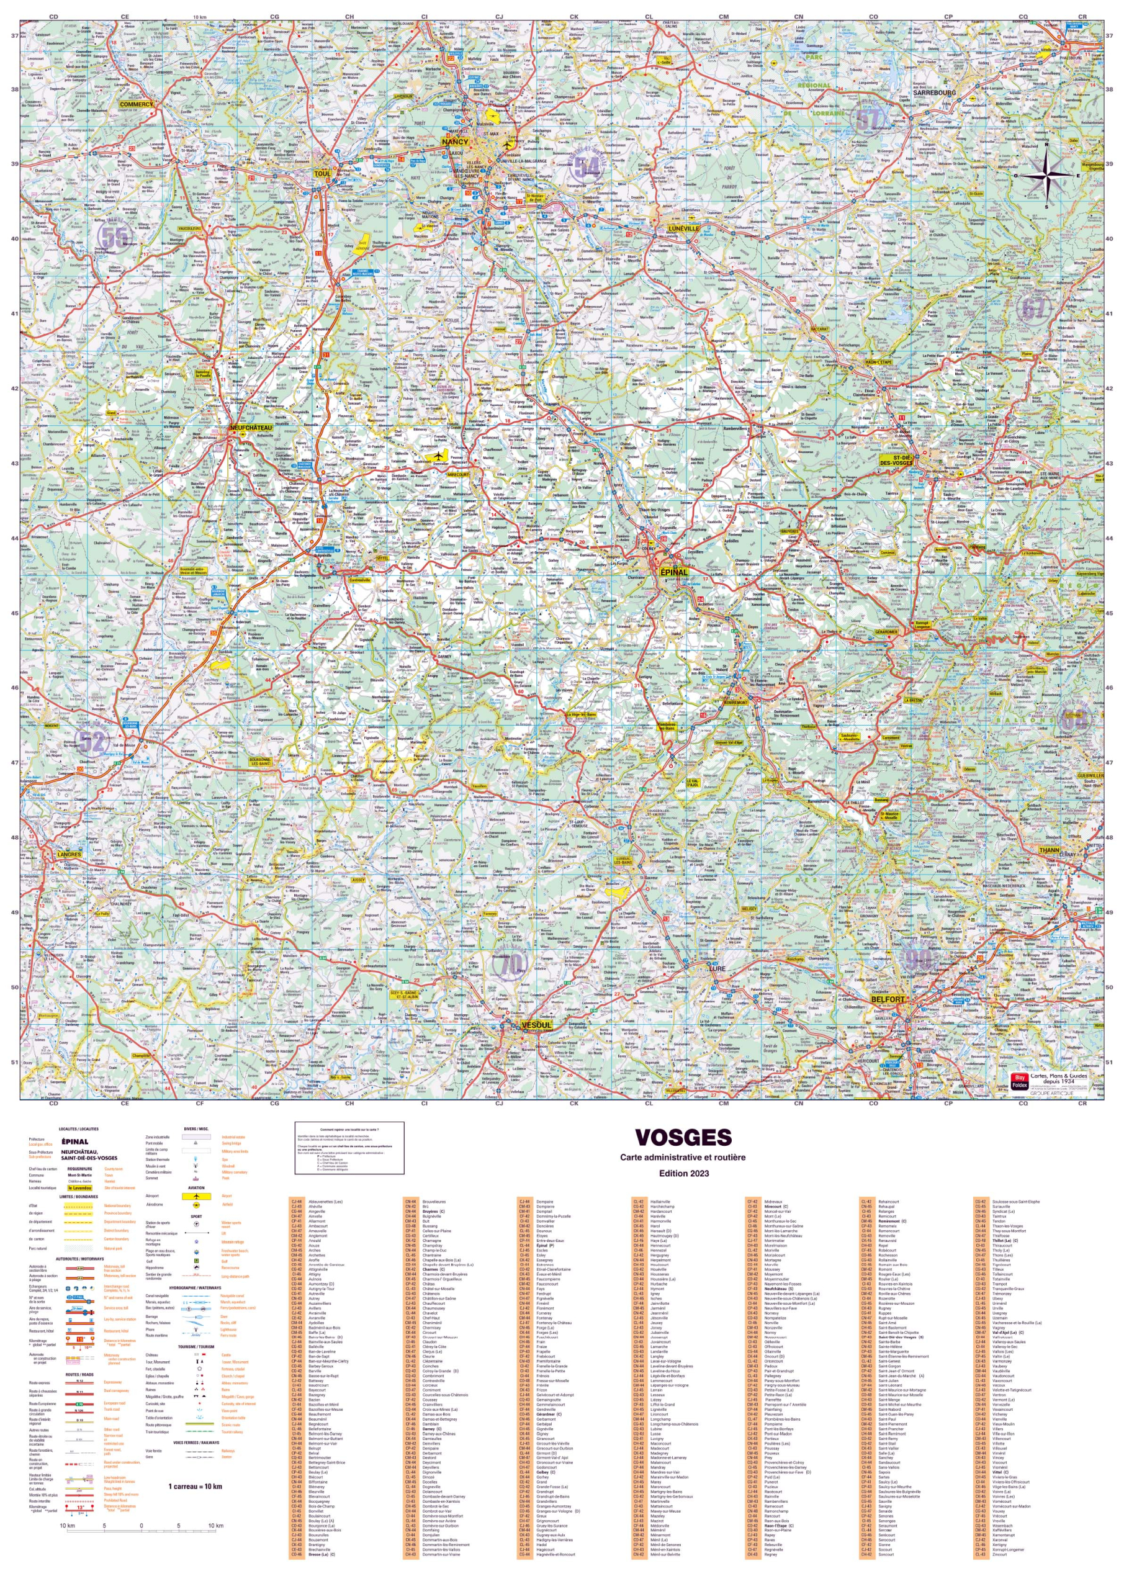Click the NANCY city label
click(455, 141)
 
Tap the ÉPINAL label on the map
click(673, 572)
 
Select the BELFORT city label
click(888, 999)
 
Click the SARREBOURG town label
click(933, 92)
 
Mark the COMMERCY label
click(136, 104)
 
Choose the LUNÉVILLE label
click(683, 228)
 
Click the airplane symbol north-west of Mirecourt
click(437, 457)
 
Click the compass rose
click(1046, 176)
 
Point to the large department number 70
click(511, 963)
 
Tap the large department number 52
click(91, 742)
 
